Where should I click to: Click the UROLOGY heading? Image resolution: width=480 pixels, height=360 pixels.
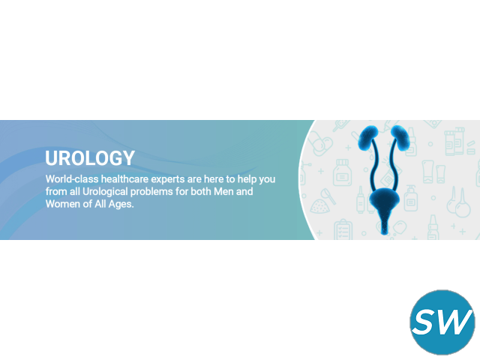[90, 158]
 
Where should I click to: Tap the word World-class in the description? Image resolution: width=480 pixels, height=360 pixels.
[72, 178]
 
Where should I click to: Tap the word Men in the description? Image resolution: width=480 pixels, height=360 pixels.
[223, 191]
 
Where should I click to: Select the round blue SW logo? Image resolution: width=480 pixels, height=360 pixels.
[442, 322]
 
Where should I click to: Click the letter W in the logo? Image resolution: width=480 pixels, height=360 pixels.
[455, 321]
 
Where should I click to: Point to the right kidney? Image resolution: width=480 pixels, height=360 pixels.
[400, 138]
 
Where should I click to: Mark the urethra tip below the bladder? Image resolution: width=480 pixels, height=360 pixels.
[385, 234]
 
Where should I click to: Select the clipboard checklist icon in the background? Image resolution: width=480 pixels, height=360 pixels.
[343, 229]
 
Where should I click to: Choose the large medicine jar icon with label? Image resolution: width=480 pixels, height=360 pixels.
[342, 172]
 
